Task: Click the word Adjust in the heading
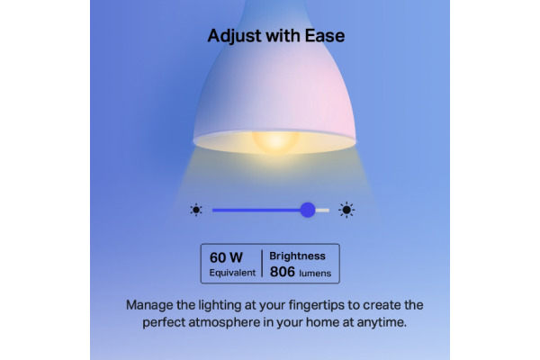pos(235,36)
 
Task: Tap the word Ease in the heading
pos(325,36)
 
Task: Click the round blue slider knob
pos(308,210)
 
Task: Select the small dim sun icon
pos(196,210)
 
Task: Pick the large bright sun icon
pos(346,210)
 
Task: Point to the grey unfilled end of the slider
pos(322,210)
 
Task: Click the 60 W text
pos(226,257)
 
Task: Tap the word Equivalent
pos(232,273)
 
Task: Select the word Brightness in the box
pos(297,256)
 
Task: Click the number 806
pos(283,272)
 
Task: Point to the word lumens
pos(315,274)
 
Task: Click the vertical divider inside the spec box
pos(262,264)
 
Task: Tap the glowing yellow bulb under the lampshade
pos(275,141)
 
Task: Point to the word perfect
pos(164,323)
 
